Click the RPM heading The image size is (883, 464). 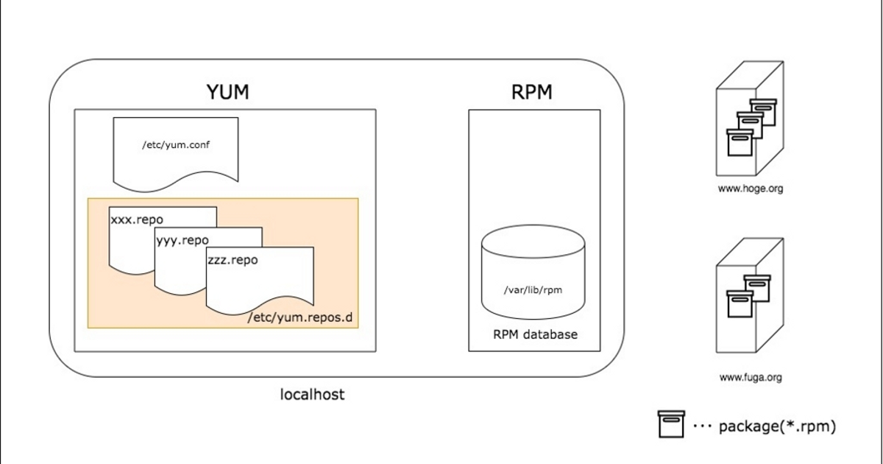click(x=531, y=93)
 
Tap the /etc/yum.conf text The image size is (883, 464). click(x=176, y=145)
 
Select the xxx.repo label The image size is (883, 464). click(x=137, y=219)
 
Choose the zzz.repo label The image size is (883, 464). click(x=233, y=260)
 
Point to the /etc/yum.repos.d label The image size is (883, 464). click(x=300, y=317)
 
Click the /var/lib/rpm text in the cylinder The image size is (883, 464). click(x=533, y=290)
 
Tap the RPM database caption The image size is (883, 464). click(x=535, y=334)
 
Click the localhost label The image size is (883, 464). click(x=313, y=395)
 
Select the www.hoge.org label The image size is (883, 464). click(x=750, y=189)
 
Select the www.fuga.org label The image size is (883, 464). click(x=750, y=378)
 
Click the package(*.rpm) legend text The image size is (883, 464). click(x=777, y=426)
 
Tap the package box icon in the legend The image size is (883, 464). click(x=671, y=424)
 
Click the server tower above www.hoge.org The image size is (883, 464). click(x=748, y=122)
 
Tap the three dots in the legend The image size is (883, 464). click(x=702, y=426)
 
